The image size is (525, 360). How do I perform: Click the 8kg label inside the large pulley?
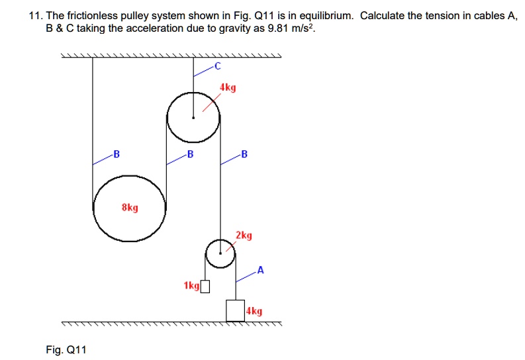[130, 208]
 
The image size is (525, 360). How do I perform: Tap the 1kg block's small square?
[205, 286]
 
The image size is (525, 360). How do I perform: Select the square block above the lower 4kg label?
[235, 310]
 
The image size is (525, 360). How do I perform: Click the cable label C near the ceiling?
[216, 66]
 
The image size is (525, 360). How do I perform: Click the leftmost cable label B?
[117, 154]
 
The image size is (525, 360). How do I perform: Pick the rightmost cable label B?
[244, 154]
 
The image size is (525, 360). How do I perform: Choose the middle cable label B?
[190, 154]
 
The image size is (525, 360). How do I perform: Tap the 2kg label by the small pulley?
[244, 235]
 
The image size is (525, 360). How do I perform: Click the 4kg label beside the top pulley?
[228, 87]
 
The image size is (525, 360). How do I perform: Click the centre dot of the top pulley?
[193, 118]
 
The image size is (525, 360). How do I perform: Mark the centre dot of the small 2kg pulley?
[220, 252]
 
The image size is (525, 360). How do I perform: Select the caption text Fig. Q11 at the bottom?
[66, 349]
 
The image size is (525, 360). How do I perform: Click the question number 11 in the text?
[34, 17]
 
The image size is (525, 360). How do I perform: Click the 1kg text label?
[191, 286]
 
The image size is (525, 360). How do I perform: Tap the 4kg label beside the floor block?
[254, 310]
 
